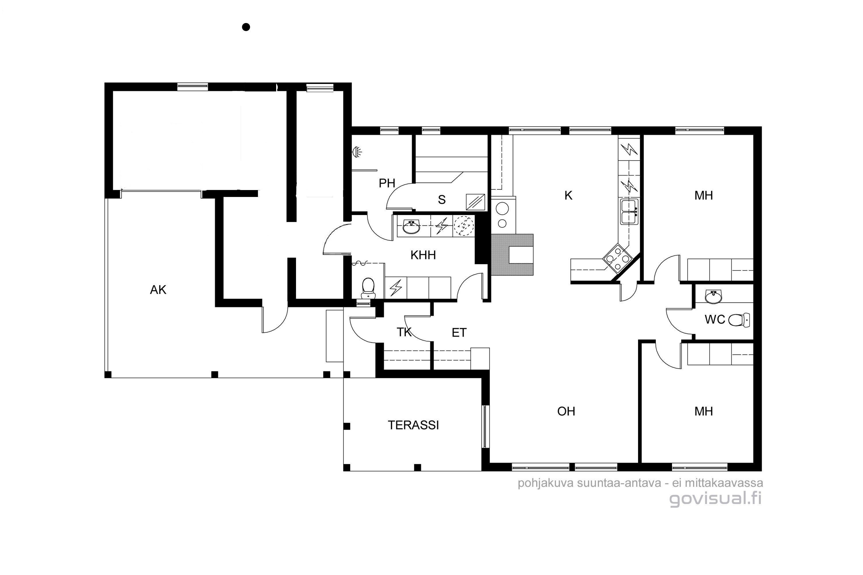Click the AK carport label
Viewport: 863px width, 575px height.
(x=158, y=290)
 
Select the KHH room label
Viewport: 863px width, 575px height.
(x=423, y=255)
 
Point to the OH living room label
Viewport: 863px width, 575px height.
(x=566, y=411)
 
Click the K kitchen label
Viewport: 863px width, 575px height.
(x=568, y=196)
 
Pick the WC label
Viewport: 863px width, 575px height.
(x=715, y=319)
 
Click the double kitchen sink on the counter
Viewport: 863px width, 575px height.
(x=629, y=212)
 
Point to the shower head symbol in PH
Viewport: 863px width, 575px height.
(x=357, y=152)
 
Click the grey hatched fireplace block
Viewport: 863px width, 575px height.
(x=512, y=254)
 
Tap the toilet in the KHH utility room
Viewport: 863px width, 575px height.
(x=368, y=288)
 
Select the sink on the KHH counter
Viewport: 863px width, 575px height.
(x=411, y=227)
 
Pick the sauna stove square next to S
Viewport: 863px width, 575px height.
(x=476, y=202)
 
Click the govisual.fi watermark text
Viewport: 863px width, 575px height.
(x=715, y=499)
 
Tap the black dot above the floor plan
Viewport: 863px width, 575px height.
(x=246, y=27)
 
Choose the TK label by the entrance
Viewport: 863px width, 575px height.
(x=404, y=332)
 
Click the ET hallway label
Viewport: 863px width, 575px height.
(x=459, y=333)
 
